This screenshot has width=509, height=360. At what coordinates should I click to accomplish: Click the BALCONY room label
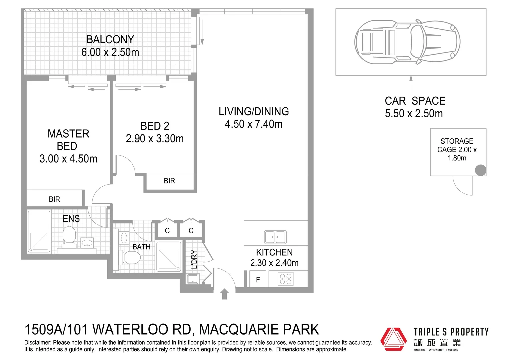tap(110, 40)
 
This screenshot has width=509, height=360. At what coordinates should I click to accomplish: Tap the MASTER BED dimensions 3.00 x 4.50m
tap(68, 159)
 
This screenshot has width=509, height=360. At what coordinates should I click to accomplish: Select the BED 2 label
tap(155, 126)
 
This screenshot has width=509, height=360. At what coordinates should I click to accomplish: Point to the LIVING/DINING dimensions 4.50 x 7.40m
tap(254, 124)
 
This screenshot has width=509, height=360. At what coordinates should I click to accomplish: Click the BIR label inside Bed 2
tap(169, 181)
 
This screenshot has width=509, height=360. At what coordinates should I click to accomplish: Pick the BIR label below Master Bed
tap(54, 199)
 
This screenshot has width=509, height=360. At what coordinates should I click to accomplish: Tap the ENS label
tap(71, 219)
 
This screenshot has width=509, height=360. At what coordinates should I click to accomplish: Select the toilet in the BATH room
tap(131, 257)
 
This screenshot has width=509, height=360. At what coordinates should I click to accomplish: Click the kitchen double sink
tap(275, 237)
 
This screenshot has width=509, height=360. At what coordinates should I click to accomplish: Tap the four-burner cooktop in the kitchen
tap(285, 279)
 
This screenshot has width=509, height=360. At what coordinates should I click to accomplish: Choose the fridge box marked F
tap(258, 280)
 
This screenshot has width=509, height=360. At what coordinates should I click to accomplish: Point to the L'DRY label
tap(194, 259)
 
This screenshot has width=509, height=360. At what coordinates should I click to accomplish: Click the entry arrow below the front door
tap(224, 294)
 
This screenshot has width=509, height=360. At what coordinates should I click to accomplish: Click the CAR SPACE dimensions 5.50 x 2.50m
tap(414, 114)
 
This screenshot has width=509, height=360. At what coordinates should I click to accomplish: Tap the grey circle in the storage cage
tap(480, 170)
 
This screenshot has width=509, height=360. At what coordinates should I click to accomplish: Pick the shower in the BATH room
tap(169, 256)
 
